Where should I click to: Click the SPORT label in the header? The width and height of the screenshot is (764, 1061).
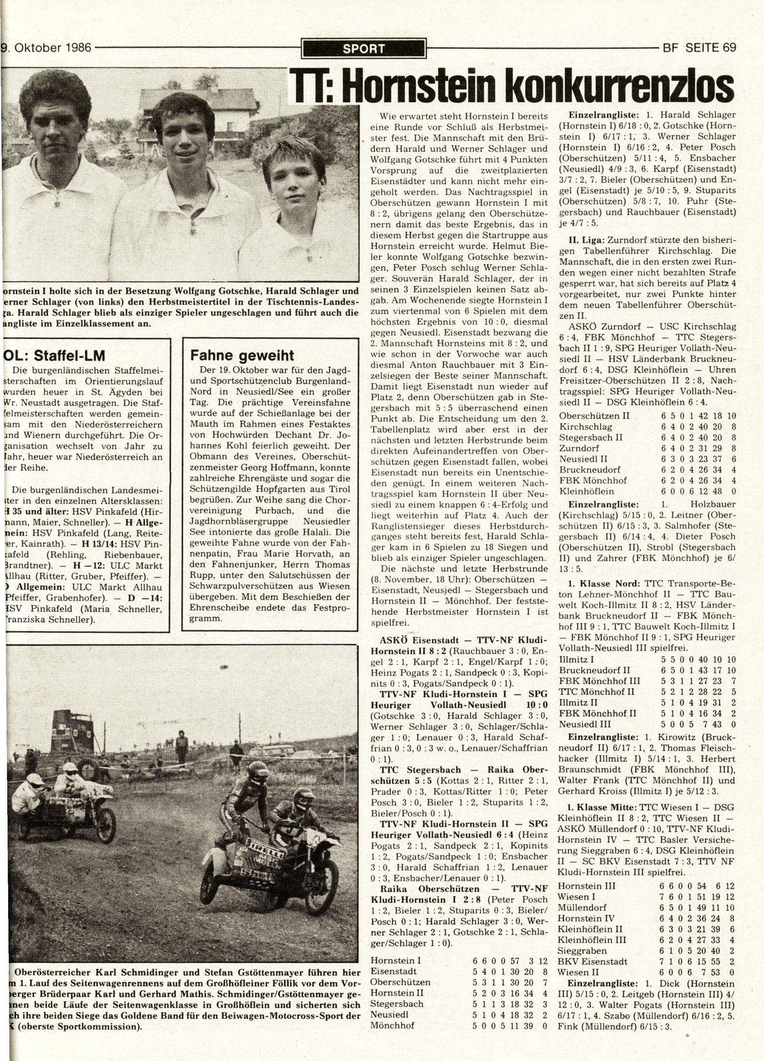[x=363, y=49]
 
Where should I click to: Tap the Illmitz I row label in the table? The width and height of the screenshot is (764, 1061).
[x=576, y=659]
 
